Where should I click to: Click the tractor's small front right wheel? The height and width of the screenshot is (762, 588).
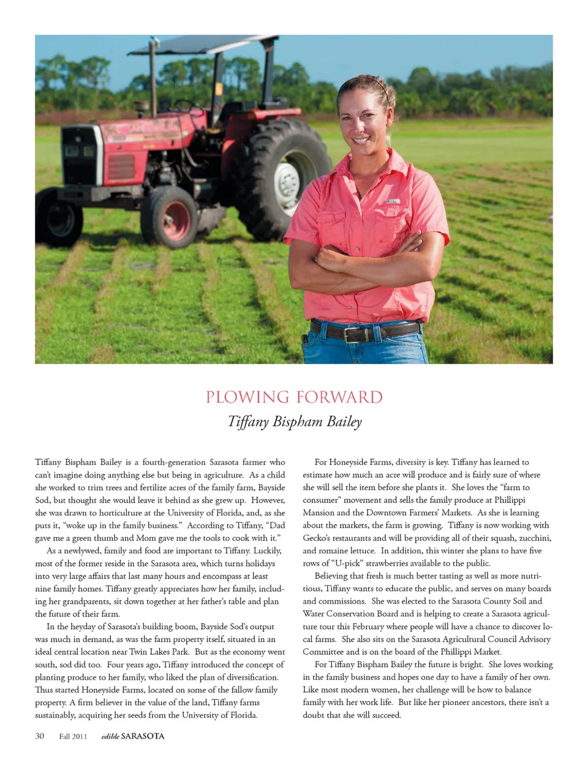tap(170, 217)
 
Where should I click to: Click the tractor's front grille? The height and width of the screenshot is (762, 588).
tap(80, 157)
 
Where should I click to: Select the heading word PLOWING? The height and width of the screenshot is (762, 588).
tap(247, 397)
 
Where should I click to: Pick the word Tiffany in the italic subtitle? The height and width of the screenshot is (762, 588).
tap(248, 422)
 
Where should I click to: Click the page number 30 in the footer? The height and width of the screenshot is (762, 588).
tap(40, 736)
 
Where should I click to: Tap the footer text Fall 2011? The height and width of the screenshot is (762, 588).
tap(73, 736)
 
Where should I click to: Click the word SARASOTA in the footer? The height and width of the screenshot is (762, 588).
tap(143, 736)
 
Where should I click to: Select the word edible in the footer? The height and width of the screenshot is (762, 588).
tap(110, 736)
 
